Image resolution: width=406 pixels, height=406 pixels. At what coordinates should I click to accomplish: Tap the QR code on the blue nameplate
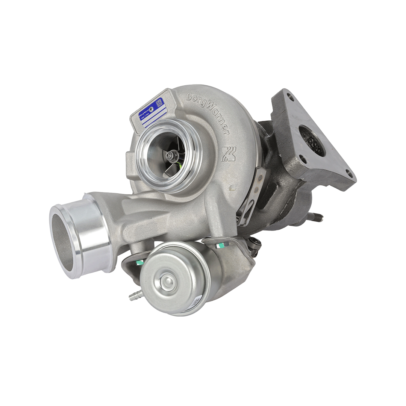pos(159,102)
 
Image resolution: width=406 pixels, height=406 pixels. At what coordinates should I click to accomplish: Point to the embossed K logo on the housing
pos(228,154)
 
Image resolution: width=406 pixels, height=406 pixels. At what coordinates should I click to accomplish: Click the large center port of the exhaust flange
pos(312,141)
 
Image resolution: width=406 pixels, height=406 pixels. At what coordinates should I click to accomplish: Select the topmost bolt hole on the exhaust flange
pos(290,97)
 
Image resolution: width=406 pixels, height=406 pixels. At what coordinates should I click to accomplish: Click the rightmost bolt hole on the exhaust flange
pos(349,173)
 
